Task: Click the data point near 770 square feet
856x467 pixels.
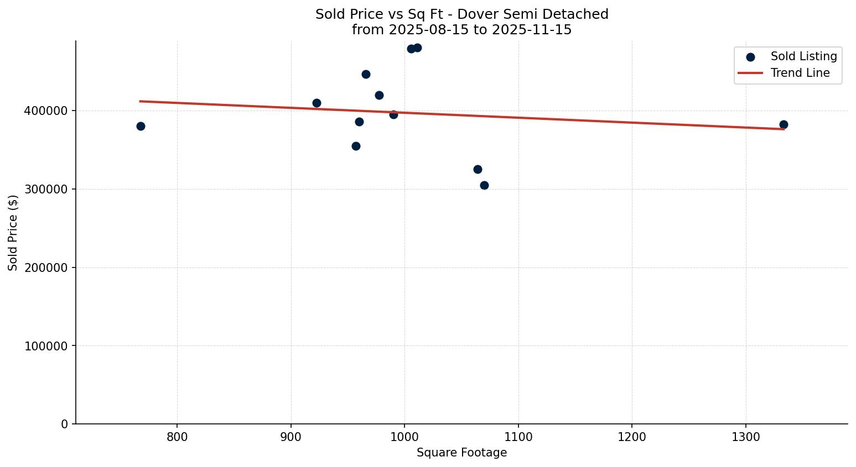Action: click(141, 126)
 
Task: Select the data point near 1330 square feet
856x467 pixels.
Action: click(784, 124)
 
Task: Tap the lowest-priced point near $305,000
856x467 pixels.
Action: click(484, 185)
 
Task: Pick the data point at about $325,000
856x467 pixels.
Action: click(478, 169)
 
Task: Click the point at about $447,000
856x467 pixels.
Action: click(366, 74)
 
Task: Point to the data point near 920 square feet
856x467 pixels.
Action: click(317, 103)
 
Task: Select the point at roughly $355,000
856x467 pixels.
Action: click(356, 146)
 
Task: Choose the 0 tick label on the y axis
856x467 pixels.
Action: click(65, 424)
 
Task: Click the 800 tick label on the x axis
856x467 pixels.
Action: click(177, 437)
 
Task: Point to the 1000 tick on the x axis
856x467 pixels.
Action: click(404, 437)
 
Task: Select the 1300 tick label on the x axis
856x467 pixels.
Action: click(746, 437)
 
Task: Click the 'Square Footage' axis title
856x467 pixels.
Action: click(461, 453)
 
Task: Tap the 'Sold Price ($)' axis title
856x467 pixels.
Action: click(13, 233)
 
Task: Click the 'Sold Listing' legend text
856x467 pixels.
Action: click(803, 56)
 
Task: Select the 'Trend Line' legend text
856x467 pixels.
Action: click(800, 73)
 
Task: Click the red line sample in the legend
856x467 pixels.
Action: click(750, 73)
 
